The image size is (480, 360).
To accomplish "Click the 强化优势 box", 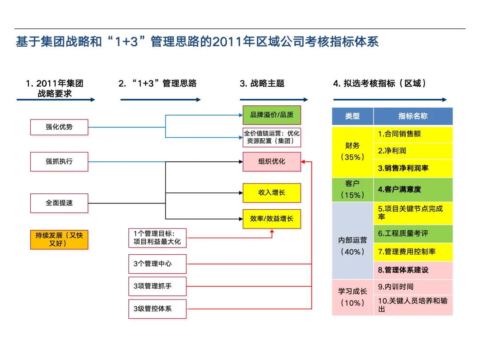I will (x=59, y=127).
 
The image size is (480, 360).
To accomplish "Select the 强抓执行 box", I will (x=59, y=162).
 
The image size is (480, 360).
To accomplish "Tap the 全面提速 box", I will (x=59, y=203).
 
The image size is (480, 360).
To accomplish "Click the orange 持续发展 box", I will (x=59, y=240).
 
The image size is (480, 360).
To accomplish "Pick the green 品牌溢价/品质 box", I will (x=272, y=115).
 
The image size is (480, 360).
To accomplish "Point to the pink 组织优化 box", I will (x=272, y=162).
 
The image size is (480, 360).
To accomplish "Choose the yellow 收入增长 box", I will (x=272, y=193).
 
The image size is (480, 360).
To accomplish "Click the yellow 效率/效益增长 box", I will (x=272, y=219).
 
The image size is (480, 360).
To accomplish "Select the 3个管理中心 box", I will (x=158, y=264).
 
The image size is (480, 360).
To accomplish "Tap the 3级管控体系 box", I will (x=158, y=308).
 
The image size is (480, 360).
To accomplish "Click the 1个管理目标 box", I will (x=158, y=238).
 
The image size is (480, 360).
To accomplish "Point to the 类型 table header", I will (x=352, y=116).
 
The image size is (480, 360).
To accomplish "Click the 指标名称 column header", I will (x=413, y=116).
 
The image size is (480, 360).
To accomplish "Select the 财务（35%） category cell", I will (x=352, y=151).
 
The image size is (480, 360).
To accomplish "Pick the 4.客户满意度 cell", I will (x=413, y=189).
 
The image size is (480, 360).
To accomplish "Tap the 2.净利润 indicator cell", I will (x=413, y=151).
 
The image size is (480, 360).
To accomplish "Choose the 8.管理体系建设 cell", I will (x=413, y=270).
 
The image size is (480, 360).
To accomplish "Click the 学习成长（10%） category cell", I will (x=352, y=297).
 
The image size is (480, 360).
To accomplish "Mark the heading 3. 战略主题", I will (x=262, y=84).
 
